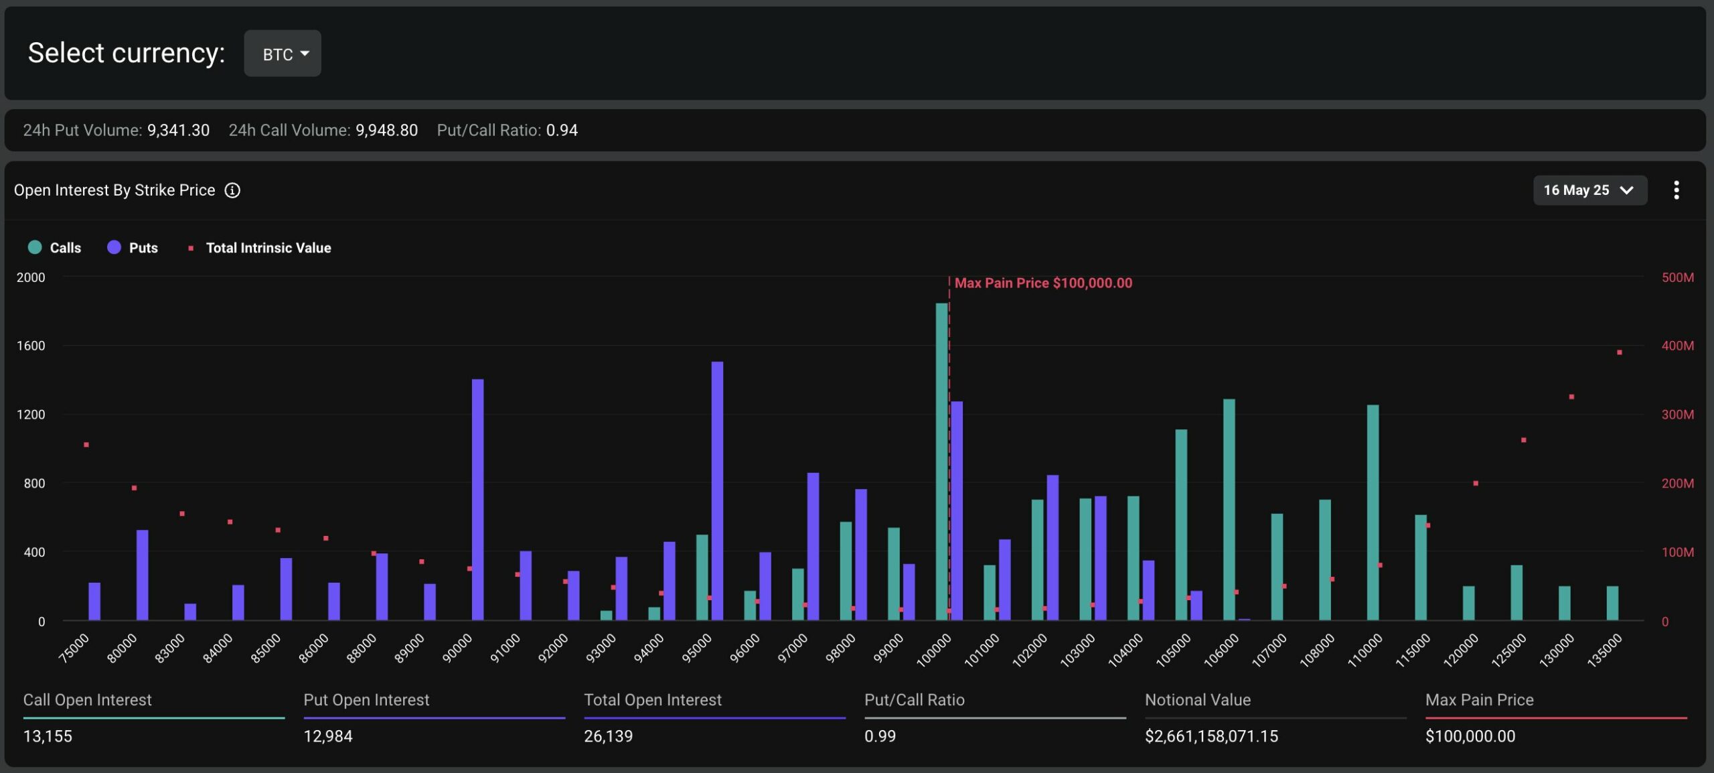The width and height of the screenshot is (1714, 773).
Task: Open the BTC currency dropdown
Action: [282, 54]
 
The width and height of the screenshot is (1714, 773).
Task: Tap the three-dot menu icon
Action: [1676, 190]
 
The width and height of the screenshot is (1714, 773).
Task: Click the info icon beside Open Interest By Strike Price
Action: [232, 190]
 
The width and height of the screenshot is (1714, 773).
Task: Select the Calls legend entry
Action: [55, 248]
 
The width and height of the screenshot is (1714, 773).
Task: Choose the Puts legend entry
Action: [133, 248]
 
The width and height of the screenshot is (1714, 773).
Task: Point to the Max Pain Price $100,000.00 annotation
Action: [1042, 283]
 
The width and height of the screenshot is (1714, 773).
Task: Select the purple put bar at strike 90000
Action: [477, 499]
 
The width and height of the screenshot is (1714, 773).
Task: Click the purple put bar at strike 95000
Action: [717, 490]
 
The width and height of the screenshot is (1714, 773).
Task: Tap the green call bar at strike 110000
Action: [1373, 512]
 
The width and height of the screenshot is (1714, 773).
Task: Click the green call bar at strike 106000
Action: [1229, 509]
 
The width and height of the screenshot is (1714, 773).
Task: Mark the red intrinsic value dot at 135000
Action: [1619, 352]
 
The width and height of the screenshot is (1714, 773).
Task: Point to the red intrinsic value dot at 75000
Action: [86, 445]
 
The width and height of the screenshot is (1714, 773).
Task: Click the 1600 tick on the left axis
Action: [31, 346]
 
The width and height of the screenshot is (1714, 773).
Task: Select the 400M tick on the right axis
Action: [1677, 346]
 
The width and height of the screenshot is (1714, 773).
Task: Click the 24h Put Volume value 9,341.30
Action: [178, 131]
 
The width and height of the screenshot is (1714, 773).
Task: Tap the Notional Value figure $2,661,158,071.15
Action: [1211, 736]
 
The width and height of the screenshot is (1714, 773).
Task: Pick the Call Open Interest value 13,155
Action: [48, 736]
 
